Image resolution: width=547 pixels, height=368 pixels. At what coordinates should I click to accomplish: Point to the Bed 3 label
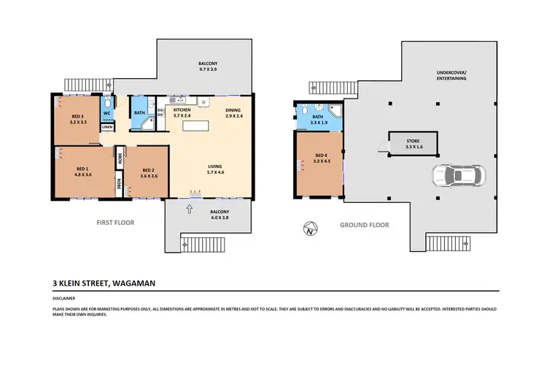pos(79,120)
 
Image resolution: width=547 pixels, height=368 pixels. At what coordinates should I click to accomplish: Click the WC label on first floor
pos(106,113)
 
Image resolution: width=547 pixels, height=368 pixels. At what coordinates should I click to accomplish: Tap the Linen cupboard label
pos(107,128)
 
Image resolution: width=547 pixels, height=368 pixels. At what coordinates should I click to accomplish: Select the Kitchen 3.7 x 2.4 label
pos(182,112)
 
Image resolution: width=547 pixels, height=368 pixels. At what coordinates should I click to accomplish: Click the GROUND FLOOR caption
pos(364,226)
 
